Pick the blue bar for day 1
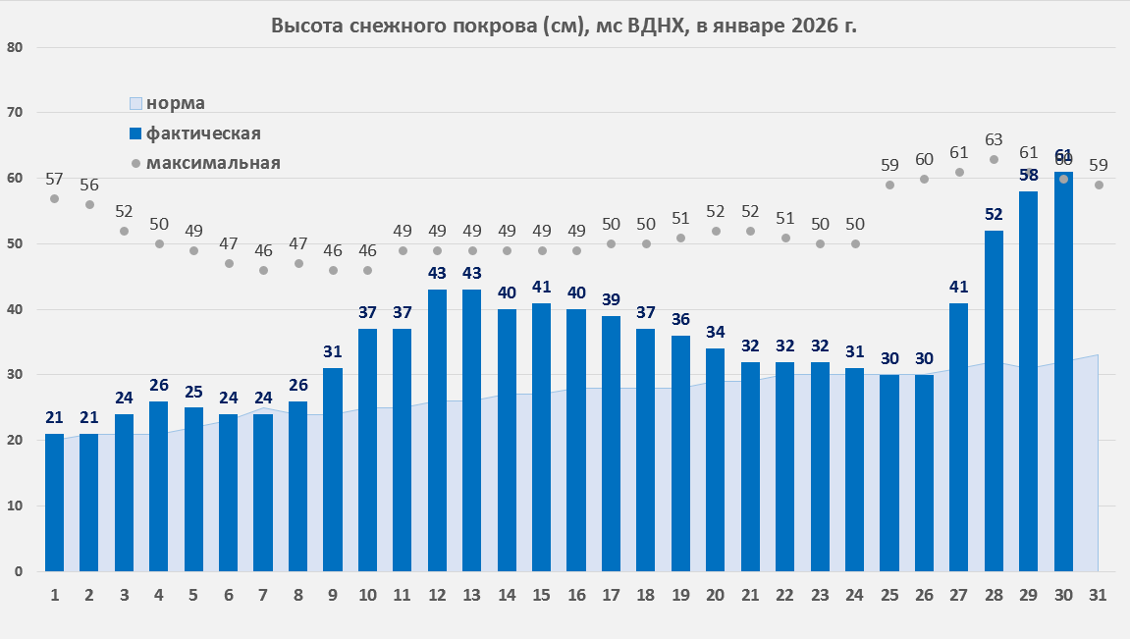[54, 502]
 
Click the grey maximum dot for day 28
[994, 159]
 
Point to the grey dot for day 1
[54, 198]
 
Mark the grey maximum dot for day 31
[1099, 185]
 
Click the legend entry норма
[175, 103]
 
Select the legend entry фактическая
[202, 133]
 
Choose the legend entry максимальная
[212, 163]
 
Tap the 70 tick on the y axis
[15, 113]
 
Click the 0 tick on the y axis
[19, 571]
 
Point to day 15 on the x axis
[541, 595]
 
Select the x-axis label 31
[1098, 595]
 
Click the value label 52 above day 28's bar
[994, 215]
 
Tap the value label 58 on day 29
[1029, 176]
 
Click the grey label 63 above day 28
[994, 139]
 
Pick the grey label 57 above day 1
[54, 179]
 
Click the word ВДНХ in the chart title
[658, 26]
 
